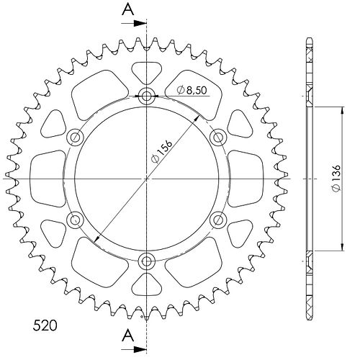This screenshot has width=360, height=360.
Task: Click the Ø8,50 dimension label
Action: [x=192, y=90]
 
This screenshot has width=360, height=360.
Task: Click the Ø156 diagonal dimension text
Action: [x=162, y=151]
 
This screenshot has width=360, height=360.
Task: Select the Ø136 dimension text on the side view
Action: [x=336, y=178]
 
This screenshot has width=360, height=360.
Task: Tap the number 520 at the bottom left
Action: [x=45, y=325]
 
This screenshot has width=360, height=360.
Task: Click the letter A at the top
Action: [x=128, y=9]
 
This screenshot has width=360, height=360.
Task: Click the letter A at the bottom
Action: [x=128, y=336]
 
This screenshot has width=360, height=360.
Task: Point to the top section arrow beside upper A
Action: [x=134, y=23]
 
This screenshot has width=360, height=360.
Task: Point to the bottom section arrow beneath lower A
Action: [x=134, y=349]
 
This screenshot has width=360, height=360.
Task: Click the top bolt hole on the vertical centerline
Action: [x=146, y=96]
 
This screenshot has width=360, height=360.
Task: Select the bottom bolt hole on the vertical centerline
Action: [x=146, y=261]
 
